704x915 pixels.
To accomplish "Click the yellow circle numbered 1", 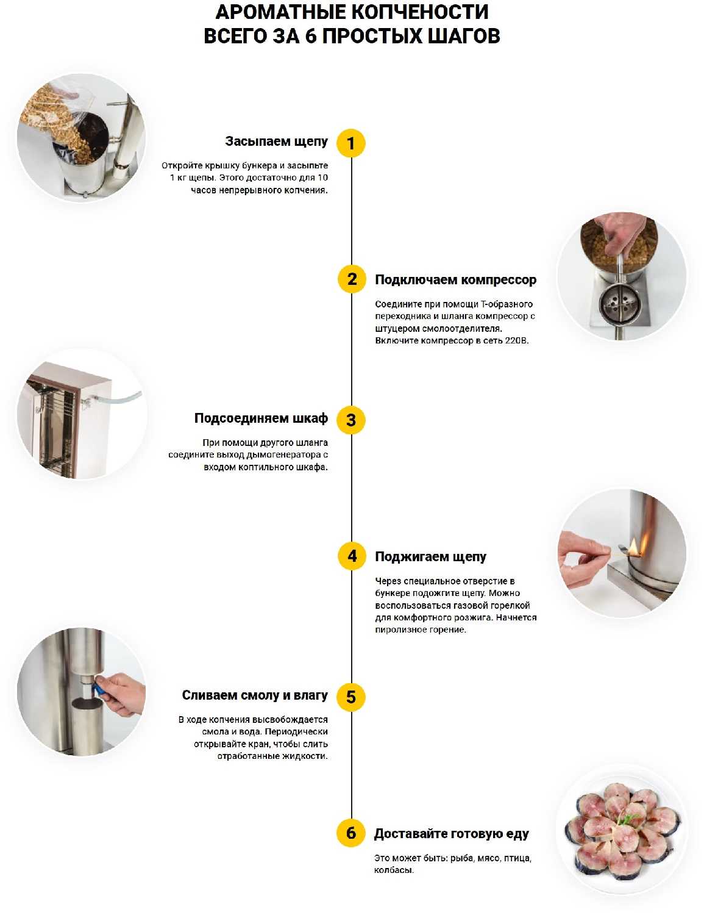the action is point(350,143).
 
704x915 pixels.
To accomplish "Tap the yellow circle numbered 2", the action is point(352,279).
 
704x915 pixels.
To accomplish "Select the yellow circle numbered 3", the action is point(350,420).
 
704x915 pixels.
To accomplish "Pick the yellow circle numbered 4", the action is point(352,556).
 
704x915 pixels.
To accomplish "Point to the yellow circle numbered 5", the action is point(350,697).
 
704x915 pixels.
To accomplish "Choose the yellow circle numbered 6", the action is point(350,833).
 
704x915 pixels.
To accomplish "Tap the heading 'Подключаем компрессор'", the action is point(455,279).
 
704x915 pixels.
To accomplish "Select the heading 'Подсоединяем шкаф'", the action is point(261,418).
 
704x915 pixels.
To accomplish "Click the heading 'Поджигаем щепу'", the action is point(431,557).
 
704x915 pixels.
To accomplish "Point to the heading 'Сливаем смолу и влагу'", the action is point(254,695).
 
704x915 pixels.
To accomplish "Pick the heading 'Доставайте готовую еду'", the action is point(452,834).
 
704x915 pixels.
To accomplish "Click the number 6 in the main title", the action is point(311,36).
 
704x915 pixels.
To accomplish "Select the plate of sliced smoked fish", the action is point(622,829).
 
